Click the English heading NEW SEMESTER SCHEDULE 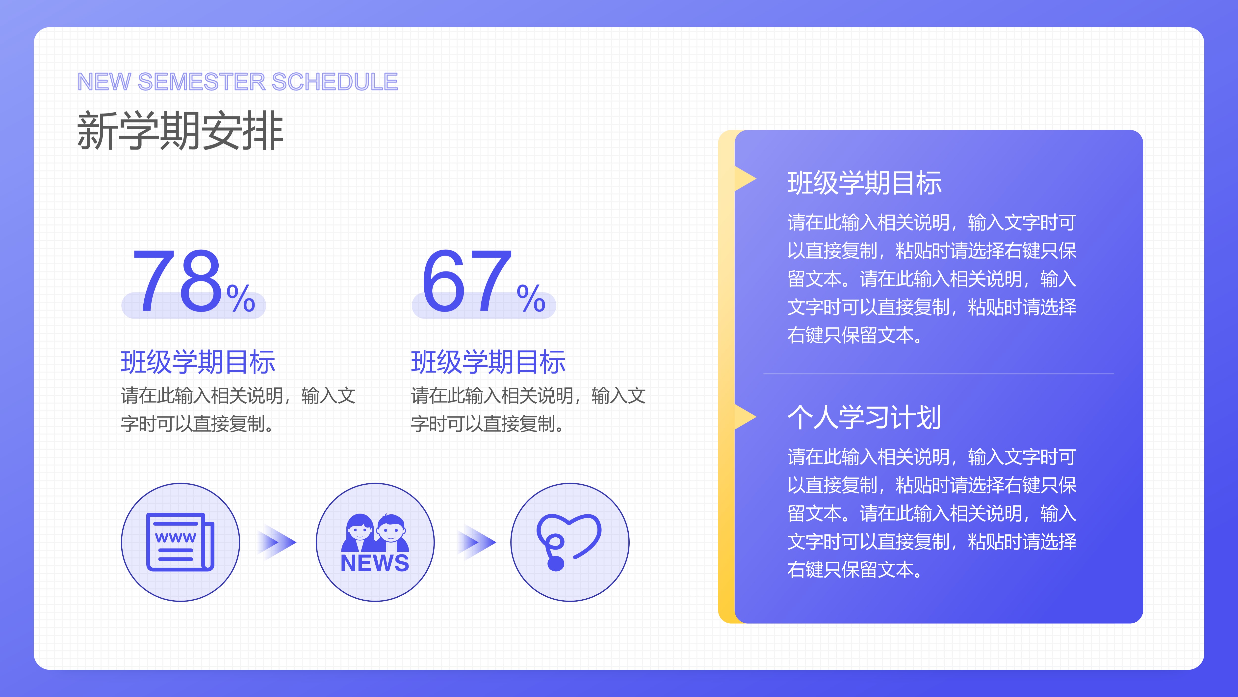[237, 82]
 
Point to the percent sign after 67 [531, 298]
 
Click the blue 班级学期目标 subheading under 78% [198, 362]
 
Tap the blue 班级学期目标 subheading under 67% [488, 362]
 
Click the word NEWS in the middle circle [375, 563]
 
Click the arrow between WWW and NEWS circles [277, 543]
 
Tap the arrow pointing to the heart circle [476, 543]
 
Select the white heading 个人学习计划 [864, 417]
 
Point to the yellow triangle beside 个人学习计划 [745, 417]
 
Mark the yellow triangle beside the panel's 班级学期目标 [745, 179]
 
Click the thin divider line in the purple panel [939, 373]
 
